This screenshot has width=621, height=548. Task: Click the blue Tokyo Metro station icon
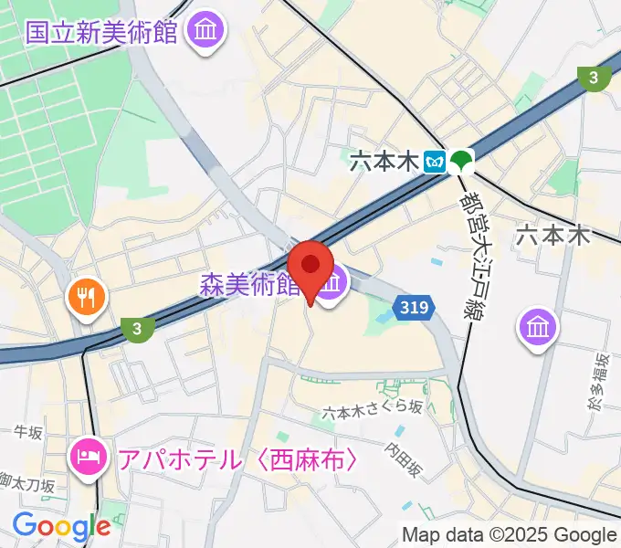point(434,163)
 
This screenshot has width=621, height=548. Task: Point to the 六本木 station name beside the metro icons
point(384,163)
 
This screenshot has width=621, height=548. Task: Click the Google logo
point(61,526)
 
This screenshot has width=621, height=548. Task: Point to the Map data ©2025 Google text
point(509,534)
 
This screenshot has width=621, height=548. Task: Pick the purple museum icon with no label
point(538,325)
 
